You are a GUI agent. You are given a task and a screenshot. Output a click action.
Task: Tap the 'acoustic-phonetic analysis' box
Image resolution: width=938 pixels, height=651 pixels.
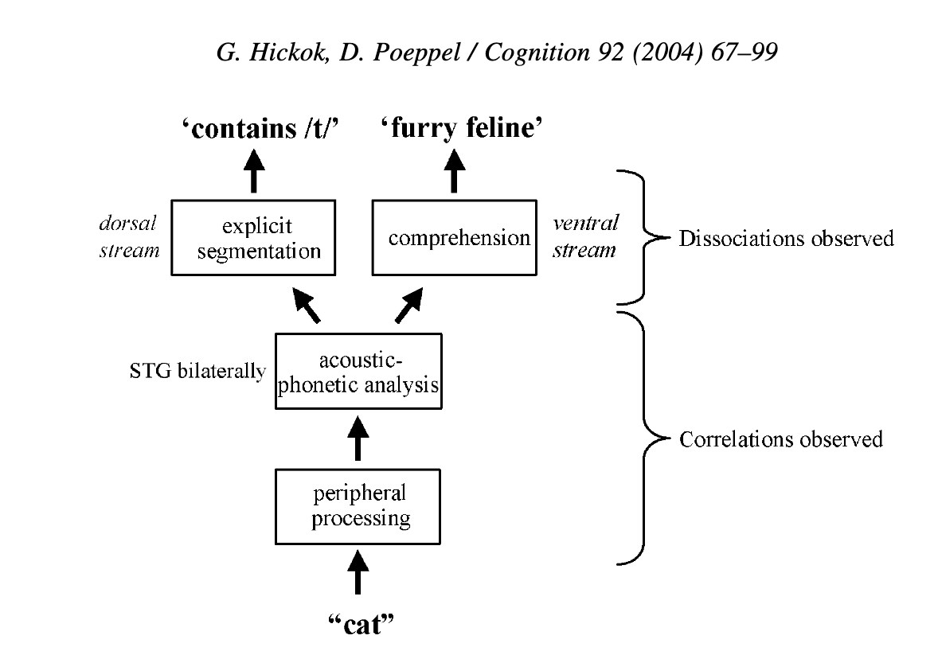[x=358, y=372]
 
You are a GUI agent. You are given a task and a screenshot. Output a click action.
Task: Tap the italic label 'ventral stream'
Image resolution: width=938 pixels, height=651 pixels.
[x=584, y=237]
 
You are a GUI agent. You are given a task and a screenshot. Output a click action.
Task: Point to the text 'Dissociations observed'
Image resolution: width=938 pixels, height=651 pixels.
[x=786, y=238]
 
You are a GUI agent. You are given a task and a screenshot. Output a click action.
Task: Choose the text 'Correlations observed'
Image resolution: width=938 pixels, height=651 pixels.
[x=780, y=439]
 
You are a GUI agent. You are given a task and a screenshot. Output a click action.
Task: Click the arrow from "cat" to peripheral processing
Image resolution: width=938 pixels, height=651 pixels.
[x=358, y=573]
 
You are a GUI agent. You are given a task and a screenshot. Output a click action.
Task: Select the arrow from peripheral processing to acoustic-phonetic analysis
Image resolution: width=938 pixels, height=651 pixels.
[x=358, y=439]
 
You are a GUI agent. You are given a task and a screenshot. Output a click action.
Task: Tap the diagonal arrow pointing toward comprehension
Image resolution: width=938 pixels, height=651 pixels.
[x=411, y=306]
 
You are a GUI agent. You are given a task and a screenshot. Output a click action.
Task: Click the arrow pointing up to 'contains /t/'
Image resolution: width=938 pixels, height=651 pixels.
[x=253, y=170]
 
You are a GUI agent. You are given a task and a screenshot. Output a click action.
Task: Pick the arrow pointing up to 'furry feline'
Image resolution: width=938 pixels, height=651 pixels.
[x=454, y=170]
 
